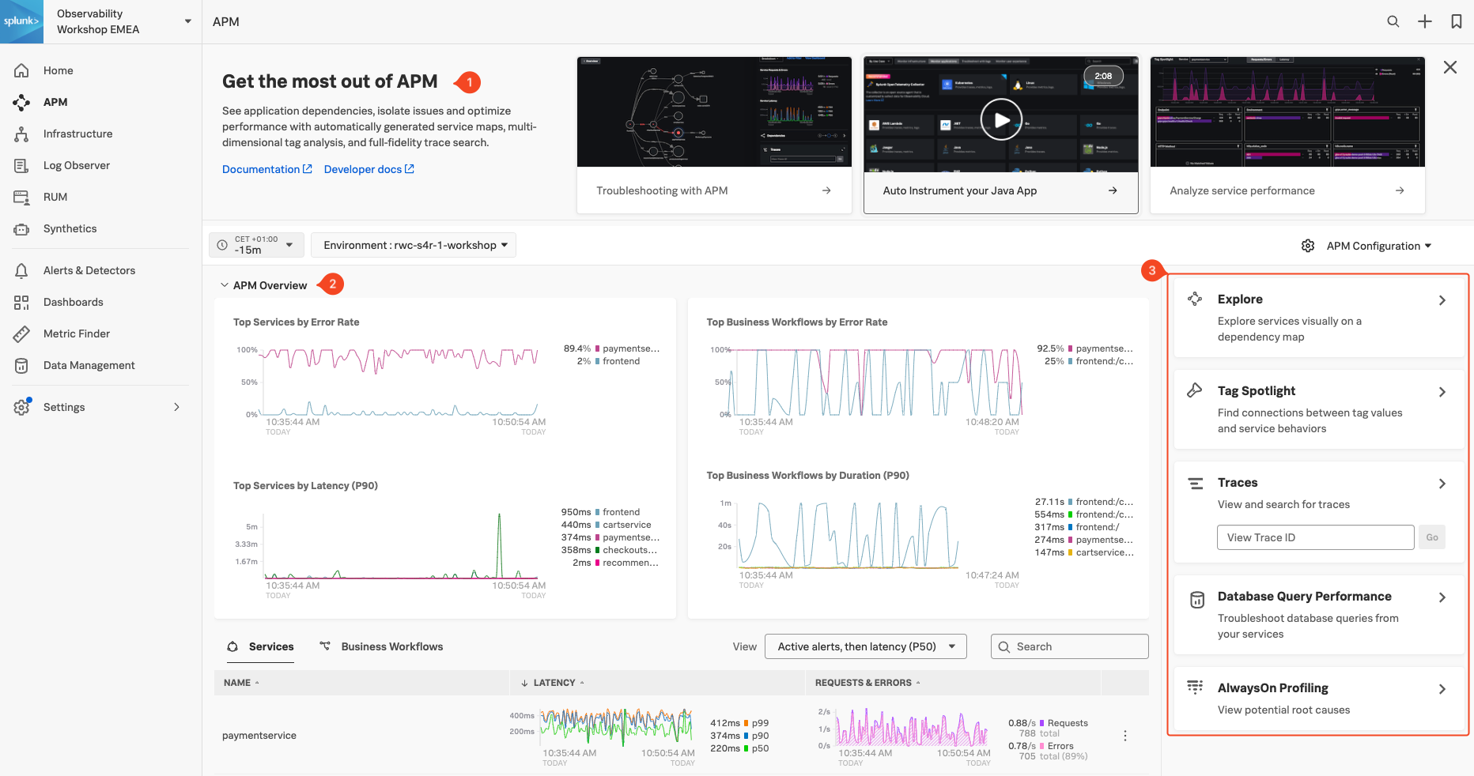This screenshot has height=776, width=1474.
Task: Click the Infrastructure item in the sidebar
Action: point(77,134)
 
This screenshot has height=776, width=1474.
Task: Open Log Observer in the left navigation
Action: point(76,165)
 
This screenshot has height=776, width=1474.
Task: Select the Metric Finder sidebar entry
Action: point(76,333)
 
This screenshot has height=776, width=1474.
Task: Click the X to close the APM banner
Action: point(1449,67)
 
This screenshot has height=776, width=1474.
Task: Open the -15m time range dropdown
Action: point(257,245)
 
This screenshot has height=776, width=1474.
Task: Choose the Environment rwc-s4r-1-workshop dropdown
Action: point(414,245)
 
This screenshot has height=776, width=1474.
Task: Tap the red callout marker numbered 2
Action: point(332,284)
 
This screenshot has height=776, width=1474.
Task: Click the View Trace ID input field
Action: point(1315,537)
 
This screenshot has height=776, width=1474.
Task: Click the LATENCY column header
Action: point(554,683)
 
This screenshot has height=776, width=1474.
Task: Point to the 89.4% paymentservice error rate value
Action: point(577,348)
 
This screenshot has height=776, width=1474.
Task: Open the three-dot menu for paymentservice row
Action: point(1124,736)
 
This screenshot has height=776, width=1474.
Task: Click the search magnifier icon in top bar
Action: point(1393,21)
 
